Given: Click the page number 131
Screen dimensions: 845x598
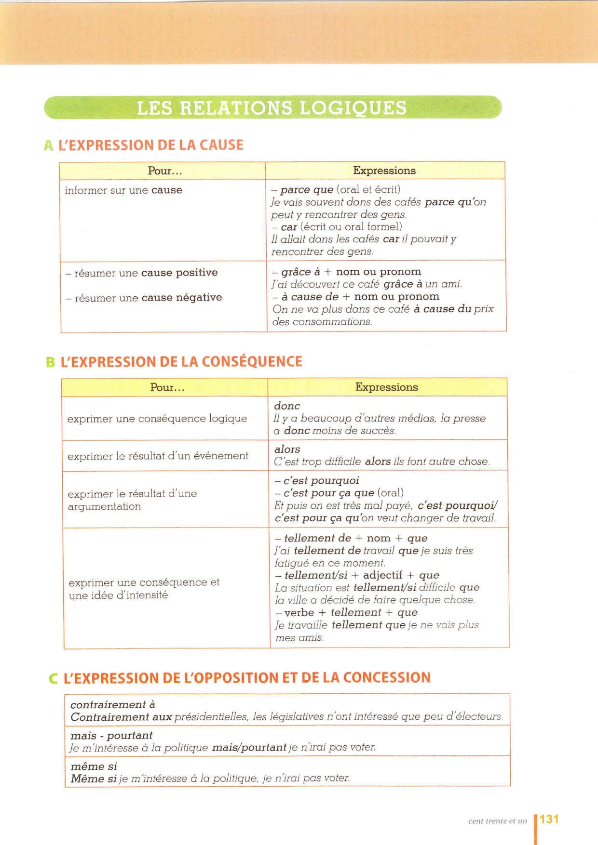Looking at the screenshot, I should [549, 819].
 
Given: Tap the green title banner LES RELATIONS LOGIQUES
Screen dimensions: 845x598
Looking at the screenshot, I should [272, 107].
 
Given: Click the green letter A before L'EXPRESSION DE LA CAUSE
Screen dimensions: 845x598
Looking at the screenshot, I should [48, 145].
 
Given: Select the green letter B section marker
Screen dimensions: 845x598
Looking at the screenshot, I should [51, 362].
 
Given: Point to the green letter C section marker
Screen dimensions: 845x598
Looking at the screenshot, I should [54, 678].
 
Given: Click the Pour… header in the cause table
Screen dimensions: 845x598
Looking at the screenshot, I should [165, 171].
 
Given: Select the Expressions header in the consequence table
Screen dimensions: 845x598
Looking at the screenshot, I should [387, 387].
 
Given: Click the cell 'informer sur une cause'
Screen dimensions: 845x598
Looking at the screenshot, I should [123, 190].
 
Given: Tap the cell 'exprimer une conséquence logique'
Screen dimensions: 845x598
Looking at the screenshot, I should [157, 419].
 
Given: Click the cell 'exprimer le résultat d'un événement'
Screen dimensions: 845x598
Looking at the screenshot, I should [158, 456].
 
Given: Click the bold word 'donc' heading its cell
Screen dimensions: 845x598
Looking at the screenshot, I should [287, 406].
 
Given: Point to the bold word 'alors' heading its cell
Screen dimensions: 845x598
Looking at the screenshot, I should [287, 449].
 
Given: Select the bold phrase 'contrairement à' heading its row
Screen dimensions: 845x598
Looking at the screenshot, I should [113, 705].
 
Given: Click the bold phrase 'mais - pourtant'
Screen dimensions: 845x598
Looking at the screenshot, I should [111, 736].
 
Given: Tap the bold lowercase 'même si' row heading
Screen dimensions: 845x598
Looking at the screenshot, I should [94, 766].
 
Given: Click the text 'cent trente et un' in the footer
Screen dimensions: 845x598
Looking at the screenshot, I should [497, 821].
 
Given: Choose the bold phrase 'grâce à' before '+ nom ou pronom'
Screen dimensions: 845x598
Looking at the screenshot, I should [300, 272].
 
